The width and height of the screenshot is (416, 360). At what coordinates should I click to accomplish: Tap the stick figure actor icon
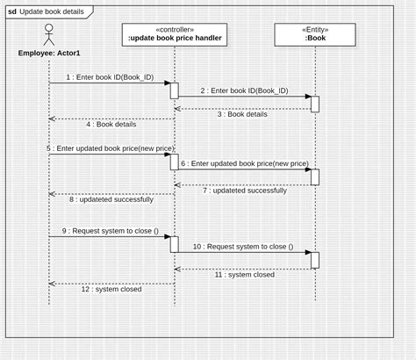point(48,35)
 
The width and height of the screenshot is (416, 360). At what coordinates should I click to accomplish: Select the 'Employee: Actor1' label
point(49,53)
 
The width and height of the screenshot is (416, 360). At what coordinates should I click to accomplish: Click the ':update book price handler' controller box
point(174,34)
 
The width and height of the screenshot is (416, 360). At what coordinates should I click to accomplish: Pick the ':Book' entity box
point(314,34)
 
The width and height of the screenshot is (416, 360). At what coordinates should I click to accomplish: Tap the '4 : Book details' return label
point(111,125)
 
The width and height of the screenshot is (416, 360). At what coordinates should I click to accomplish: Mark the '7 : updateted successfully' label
point(244,190)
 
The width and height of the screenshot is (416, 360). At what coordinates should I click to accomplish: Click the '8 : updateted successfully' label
point(111,199)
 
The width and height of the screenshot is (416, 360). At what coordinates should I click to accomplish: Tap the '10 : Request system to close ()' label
point(243,247)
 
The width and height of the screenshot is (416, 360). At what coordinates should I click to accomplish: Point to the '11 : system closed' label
point(245,274)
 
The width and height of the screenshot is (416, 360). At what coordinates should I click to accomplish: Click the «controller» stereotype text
point(174,28)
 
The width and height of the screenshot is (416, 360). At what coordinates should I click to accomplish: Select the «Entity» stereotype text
point(314,28)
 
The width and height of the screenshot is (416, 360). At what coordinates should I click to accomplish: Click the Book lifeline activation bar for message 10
point(315,260)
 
